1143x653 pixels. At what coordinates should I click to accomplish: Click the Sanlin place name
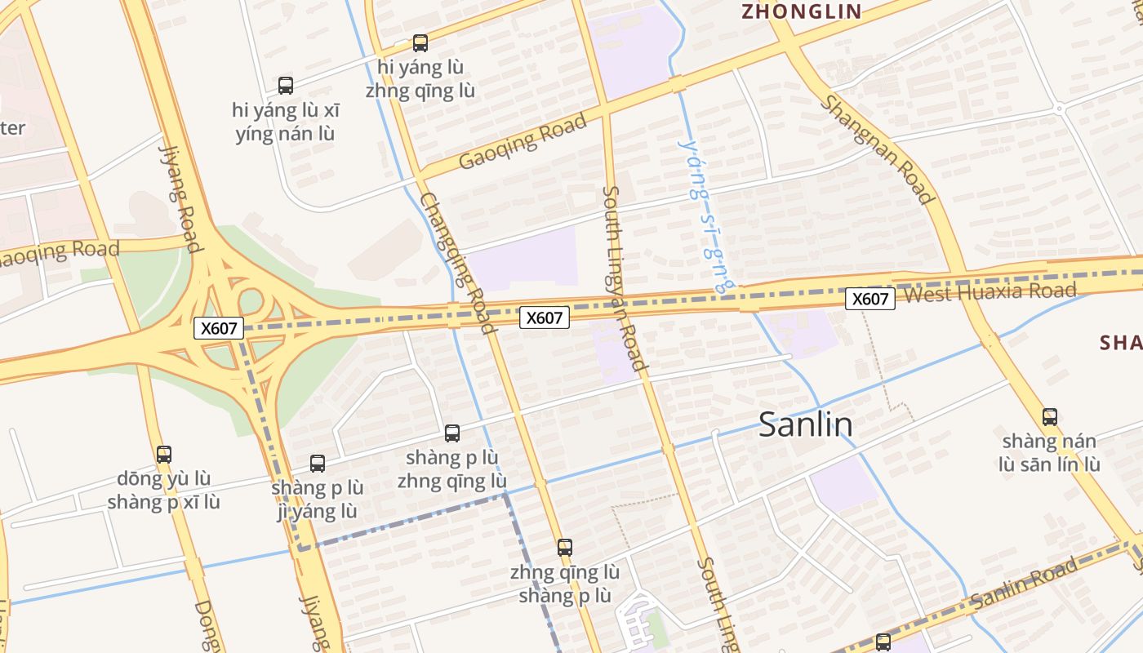pyautogui.click(x=806, y=424)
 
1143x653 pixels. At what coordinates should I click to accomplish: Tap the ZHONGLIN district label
pyautogui.click(x=801, y=11)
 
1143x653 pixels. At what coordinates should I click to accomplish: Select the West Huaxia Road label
pyautogui.click(x=990, y=292)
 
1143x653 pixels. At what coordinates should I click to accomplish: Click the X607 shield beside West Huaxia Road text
pyautogui.click(x=869, y=299)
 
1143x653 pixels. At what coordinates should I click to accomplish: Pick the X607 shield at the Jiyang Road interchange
pyautogui.click(x=219, y=328)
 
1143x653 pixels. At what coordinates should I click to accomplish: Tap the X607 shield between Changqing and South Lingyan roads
pyautogui.click(x=545, y=318)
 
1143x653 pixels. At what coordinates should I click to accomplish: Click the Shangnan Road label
pyautogui.click(x=877, y=149)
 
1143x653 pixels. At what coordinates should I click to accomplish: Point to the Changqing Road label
pyautogui.click(x=458, y=263)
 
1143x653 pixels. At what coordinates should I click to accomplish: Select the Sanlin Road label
pyautogui.click(x=1025, y=585)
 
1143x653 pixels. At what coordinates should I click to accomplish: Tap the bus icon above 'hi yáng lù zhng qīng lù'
pyautogui.click(x=420, y=43)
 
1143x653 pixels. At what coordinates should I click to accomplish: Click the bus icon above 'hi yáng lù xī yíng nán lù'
pyautogui.click(x=286, y=85)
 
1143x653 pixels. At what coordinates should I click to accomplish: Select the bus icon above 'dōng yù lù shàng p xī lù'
pyautogui.click(x=164, y=455)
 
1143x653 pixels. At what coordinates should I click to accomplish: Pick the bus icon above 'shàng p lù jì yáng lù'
pyautogui.click(x=318, y=464)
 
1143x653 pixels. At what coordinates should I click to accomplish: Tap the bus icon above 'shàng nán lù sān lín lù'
pyautogui.click(x=1050, y=417)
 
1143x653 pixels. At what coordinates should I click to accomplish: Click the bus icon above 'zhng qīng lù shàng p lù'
pyautogui.click(x=565, y=548)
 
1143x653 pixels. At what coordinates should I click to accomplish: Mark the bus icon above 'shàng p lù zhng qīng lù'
pyautogui.click(x=452, y=433)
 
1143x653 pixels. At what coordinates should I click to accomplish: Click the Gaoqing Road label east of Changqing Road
pyautogui.click(x=523, y=142)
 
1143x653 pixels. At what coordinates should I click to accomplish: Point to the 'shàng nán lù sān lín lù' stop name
pyautogui.click(x=1050, y=453)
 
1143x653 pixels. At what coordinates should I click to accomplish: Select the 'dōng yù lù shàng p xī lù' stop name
pyautogui.click(x=163, y=490)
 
